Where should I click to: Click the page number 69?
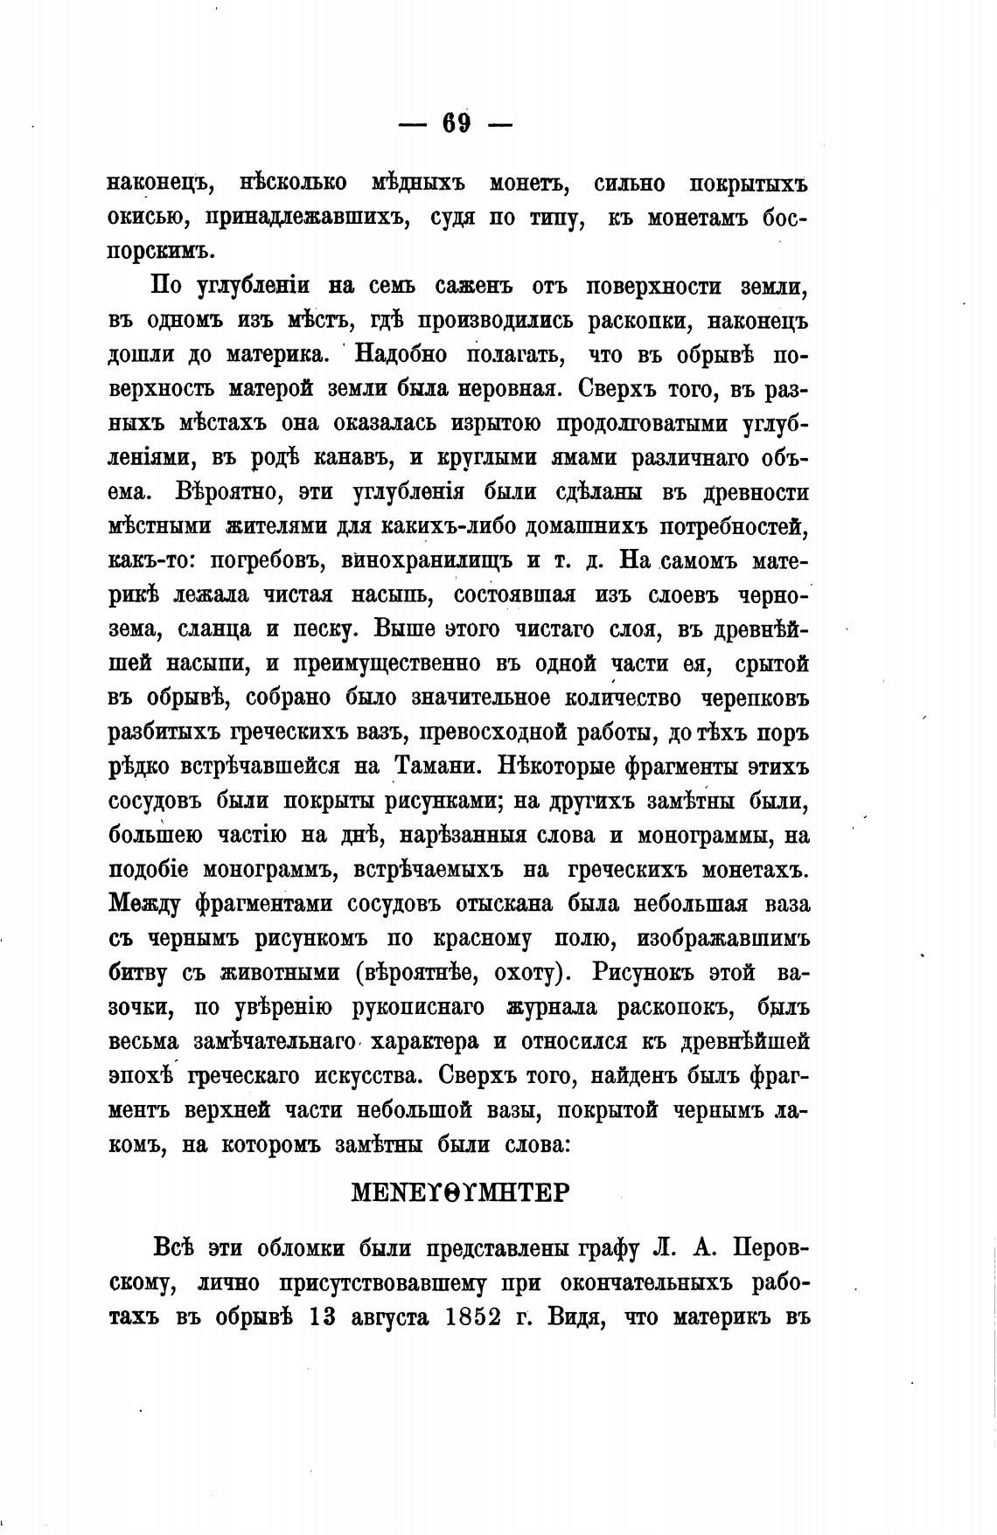click(456, 123)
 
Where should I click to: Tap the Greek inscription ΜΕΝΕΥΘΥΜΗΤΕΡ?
click(459, 1192)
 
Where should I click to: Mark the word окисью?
click(144, 219)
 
